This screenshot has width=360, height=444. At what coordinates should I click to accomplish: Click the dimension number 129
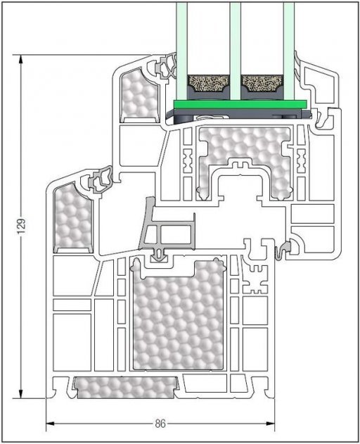tap(22, 227)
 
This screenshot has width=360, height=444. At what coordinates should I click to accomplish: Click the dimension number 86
tap(160, 424)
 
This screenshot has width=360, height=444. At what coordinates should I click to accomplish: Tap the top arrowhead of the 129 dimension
tap(20, 60)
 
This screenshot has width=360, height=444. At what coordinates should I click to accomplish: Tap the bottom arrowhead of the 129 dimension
tap(20, 393)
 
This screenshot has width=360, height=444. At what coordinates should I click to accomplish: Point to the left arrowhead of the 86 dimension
tap(51, 424)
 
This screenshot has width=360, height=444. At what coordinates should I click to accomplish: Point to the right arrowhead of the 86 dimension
tap(270, 424)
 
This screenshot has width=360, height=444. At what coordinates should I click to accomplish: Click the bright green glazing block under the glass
tap(240, 104)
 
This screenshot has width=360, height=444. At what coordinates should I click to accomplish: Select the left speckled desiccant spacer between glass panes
tap(208, 84)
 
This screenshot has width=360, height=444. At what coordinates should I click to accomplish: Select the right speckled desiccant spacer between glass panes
tap(262, 84)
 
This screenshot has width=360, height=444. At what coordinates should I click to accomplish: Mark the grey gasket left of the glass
tap(165, 67)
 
